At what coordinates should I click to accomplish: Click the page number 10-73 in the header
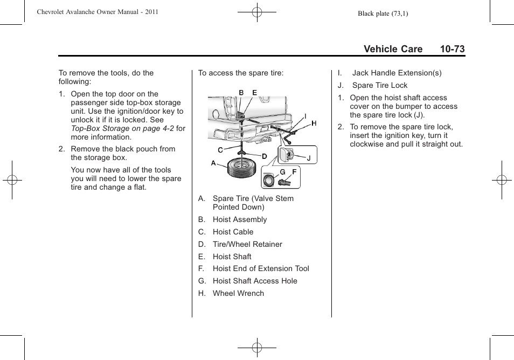click(x=452, y=49)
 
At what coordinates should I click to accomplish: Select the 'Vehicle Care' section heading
click(x=393, y=49)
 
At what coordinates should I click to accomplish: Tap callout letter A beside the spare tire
click(x=213, y=163)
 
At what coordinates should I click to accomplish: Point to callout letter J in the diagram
click(x=309, y=158)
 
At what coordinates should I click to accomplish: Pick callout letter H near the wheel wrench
click(x=314, y=123)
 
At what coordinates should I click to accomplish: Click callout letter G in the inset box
click(x=282, y=172)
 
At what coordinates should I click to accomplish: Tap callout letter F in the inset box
click(x=294, y=172)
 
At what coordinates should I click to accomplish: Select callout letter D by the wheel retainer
click(x=265, y=156)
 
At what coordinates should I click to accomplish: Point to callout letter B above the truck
click(x=241, y=93)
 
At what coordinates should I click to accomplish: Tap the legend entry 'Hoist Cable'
click(x=233, y=232)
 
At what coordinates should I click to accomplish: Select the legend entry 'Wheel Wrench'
click(x=238, y=293)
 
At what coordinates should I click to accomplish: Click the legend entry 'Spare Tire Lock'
click(x=379, y=85)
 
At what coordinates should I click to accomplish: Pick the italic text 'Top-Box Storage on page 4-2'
click(x=122, y=128)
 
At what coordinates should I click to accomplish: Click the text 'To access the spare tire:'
click(x=240, y=73)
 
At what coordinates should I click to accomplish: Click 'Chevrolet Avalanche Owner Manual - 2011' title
click(x=98, y=12)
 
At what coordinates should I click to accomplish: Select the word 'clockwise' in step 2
click(x=367, y=144)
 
